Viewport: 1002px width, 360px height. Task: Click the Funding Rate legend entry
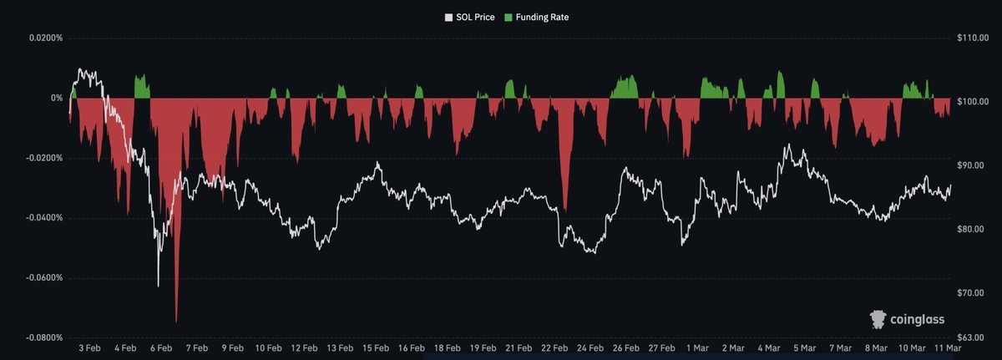coord(542,17)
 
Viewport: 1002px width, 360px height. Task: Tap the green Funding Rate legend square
coord(509,17)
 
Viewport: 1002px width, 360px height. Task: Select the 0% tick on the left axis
coord(57,99)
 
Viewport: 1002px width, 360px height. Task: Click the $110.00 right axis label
coord(971,38)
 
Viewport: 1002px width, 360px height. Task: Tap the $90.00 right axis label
coord(971,165)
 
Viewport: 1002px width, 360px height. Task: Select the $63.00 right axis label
coord(971,337)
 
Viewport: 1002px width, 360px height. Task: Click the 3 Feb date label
coord(89,347)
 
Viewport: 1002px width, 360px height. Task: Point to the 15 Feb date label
coord(375,347)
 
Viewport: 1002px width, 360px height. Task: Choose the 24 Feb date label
coord(590,347)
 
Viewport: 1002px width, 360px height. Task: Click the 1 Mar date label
coord(697,347)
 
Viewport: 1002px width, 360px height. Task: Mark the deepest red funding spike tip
coord(176,322)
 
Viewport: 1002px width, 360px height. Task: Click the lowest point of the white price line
coord(159,286)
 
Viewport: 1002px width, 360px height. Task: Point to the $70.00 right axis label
coord(971,293)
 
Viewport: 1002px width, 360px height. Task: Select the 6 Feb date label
coord(160,347)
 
